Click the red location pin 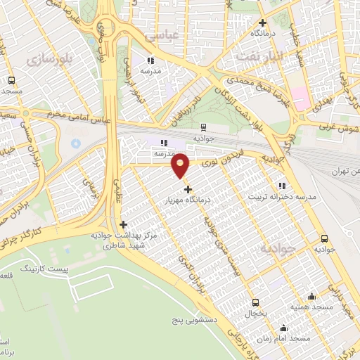(x=181, y=166)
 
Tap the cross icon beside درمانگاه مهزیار (x=188, y=188)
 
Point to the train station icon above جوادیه (x=203, y=127)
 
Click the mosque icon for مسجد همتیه (x=311, y=296)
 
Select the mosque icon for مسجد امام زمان (x=283, y=328)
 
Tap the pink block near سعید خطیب (x=301, y=99)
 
